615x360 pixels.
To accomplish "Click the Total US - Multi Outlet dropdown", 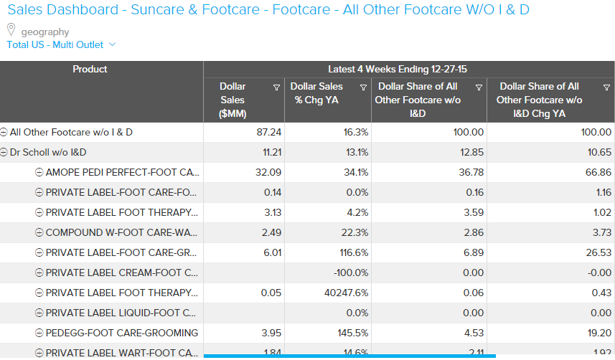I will coord(60,44).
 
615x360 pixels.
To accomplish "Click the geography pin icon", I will coord(11,30).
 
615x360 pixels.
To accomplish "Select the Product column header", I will coord(90,69).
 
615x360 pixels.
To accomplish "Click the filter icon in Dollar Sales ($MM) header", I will coord(276,87).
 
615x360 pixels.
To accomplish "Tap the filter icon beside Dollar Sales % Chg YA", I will coord(363,87).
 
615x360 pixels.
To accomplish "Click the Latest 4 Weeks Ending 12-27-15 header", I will coord(408,69).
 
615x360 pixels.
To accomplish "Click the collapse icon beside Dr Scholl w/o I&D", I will coord(4,152).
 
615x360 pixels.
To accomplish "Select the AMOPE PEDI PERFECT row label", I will coord(122,172).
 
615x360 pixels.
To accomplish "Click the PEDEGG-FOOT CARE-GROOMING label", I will coord(121,333).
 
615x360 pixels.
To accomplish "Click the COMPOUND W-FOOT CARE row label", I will coord(122,232).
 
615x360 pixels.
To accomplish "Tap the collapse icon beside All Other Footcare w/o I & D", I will coord(4,132).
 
